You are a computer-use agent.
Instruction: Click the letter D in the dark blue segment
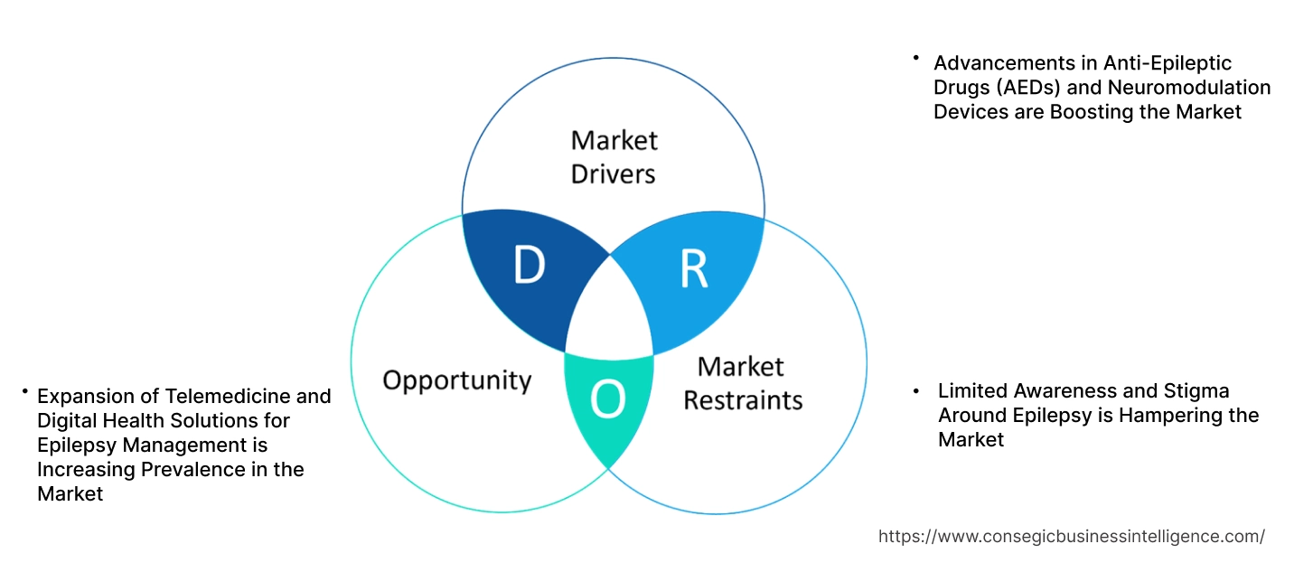click(x=529, y=265)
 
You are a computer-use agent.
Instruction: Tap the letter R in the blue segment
click(x=693, y=269)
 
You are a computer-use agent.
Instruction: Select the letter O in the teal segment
click(x=607, y=400)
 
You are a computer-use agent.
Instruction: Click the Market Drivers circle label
click(x=614, y=156)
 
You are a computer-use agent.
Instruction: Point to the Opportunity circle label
click(x=456, y=380)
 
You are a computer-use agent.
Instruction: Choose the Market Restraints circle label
click(x=742, y=382)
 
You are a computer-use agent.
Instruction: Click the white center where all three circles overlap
click(x=609, y=312)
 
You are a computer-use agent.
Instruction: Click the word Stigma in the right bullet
click(x=1197, y=390)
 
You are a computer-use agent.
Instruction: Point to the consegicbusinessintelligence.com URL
click(x=1071, y=536)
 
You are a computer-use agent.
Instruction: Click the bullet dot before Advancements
click(x=915, y=58)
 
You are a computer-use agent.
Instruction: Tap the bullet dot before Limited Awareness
click(x=916, y=390)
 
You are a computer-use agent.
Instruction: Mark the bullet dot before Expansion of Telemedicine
click(x=26, y=391)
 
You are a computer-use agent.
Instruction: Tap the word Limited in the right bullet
click(x=971, y=390)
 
